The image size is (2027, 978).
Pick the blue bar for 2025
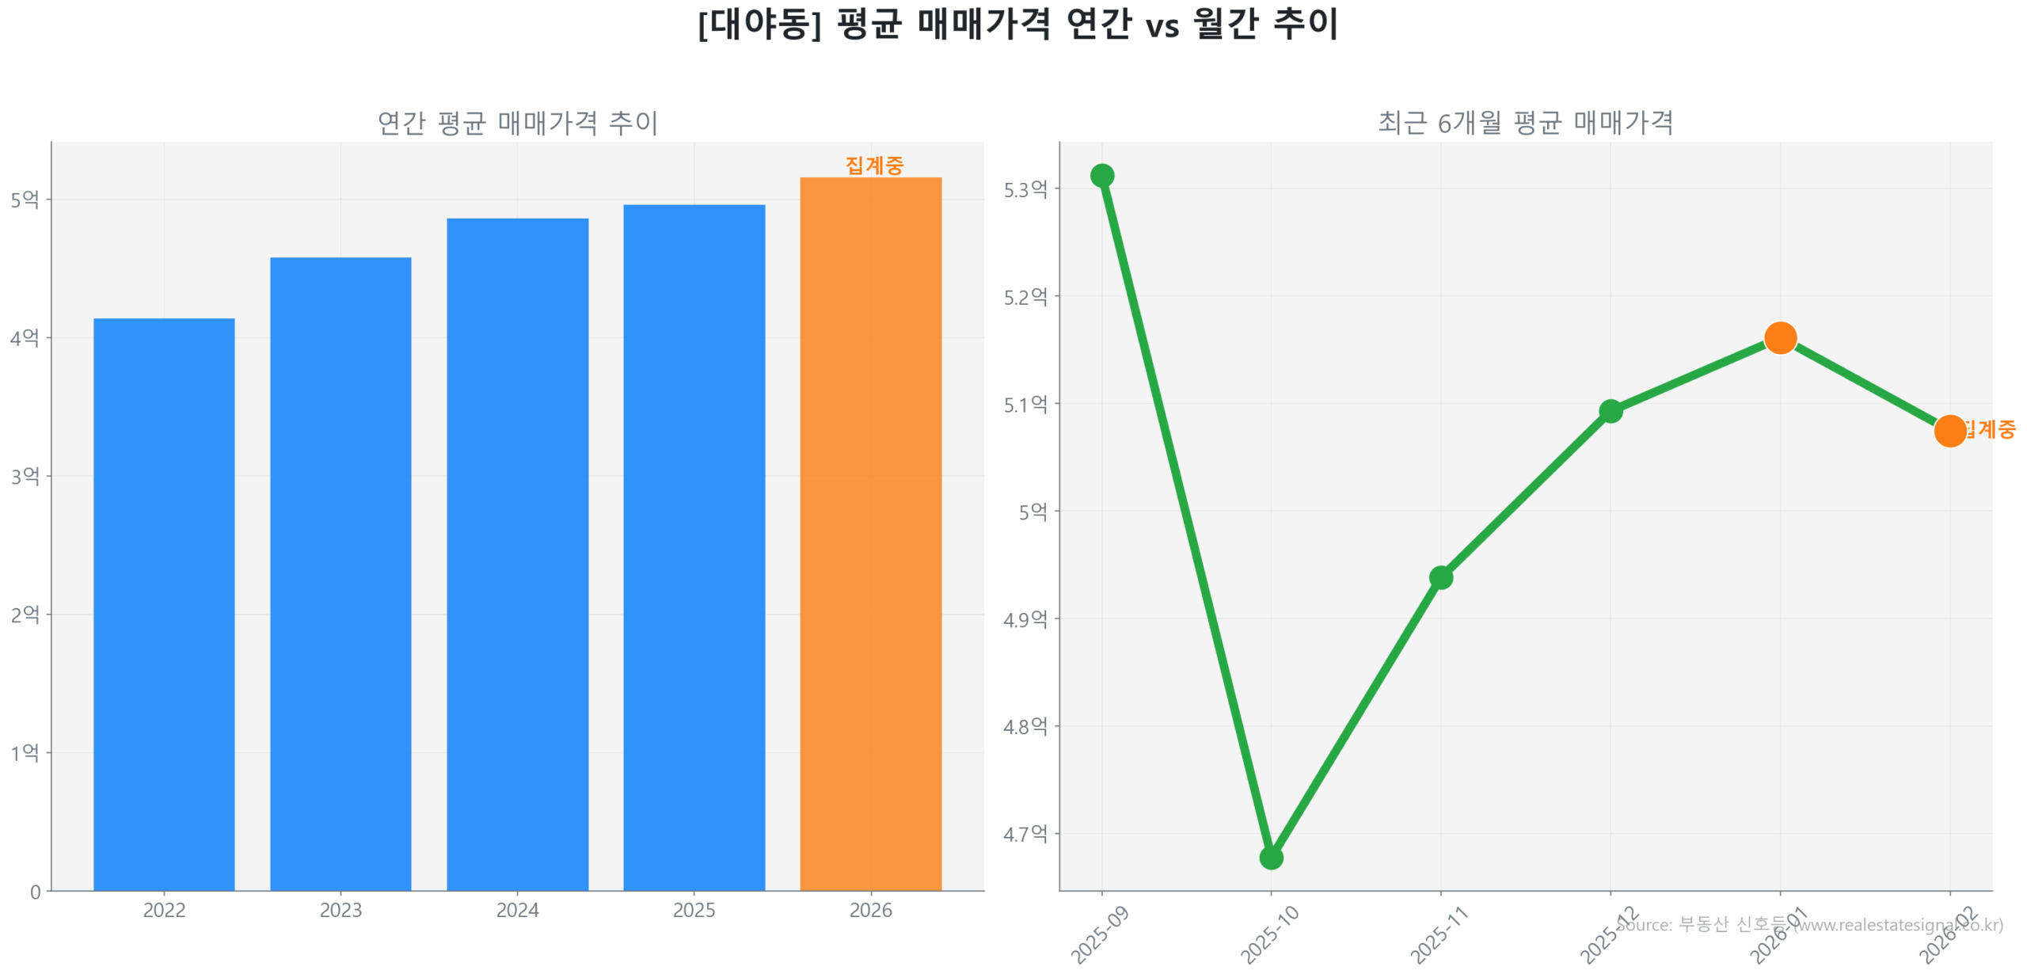tap(694, 546)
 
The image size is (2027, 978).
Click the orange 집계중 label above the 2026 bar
tap(873, 165)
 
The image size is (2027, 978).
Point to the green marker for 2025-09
tap(1101, 175)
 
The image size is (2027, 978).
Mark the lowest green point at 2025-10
tap(1271, 857)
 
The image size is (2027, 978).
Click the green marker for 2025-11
tap(1440, 577)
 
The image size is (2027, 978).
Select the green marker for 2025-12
tap(1610, 411)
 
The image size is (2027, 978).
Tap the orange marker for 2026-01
tap(1779, 338)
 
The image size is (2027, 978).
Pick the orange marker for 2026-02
tap(1949, 431)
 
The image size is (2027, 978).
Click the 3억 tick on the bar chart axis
tap(25, 476)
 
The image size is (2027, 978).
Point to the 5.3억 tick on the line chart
tap(1025, 189)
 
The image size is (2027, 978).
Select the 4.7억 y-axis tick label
tap(1025, 833)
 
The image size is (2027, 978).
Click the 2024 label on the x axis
tap(517, 910)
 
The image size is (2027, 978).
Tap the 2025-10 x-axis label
tap(1269, 934)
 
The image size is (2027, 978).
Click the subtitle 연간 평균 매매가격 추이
tap(517, 123)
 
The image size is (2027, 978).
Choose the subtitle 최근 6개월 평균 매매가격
tap(1525, 123)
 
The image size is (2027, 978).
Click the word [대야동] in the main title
tap(759, 24)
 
